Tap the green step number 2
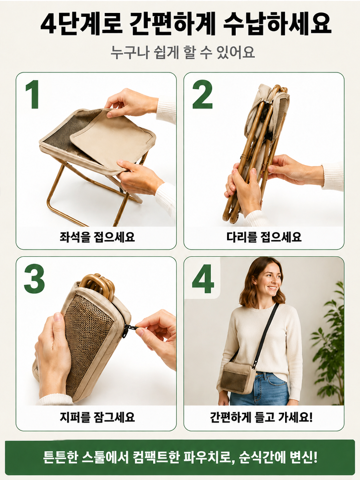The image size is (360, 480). click(x=203, y=94)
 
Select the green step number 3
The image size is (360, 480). click(x=34, y=279)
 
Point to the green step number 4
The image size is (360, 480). click(x=203, y=279)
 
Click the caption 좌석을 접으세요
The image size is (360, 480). click(x=97, y=237)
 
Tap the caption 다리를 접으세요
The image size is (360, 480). click(x=264, y=237)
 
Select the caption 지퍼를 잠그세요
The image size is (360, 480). click(x=97, y=417)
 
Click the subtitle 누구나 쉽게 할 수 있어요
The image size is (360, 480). click(x=183, y=52)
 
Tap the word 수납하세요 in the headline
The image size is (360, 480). click(x=277, y=24)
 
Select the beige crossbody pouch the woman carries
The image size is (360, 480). click(x=238, y=377)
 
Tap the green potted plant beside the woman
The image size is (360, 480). click(x=328, y=343)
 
